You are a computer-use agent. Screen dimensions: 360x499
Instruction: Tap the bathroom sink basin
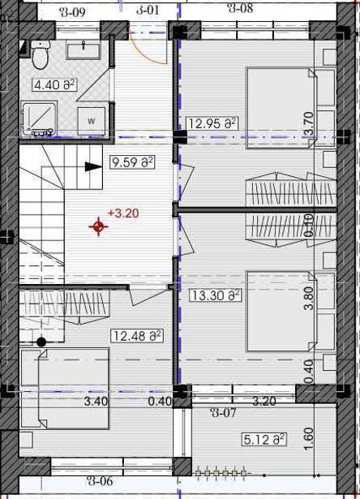point(84,51)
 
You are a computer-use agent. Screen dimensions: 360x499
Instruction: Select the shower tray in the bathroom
point(39,118)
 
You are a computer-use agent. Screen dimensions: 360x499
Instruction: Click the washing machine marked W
point(92,121)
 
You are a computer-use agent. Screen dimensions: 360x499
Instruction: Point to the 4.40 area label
point(54,85)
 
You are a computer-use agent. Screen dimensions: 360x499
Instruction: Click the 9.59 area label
point(131,162)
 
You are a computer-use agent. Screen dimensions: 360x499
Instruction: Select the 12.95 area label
point(212,123)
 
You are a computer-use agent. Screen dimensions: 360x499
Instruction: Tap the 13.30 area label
point(216,295)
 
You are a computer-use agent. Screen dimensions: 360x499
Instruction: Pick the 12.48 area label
point(137,336)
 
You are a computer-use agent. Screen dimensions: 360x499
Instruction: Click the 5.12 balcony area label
point(264,440)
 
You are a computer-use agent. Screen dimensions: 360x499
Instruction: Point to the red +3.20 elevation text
point(123,213)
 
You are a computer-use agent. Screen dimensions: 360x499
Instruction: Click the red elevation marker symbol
point(99,227)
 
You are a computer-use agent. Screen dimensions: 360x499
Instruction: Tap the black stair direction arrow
point(93,166)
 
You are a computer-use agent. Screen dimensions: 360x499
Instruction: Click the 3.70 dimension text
point(309,123)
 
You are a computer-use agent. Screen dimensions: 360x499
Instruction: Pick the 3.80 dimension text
point(309,298)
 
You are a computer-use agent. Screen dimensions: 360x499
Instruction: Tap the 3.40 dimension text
point(96,402)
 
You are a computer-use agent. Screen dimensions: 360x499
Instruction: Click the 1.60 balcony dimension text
point(309,439)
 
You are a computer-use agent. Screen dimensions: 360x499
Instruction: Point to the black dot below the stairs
point(41,342)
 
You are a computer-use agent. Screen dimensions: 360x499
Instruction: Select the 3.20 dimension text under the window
point(264,402)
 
